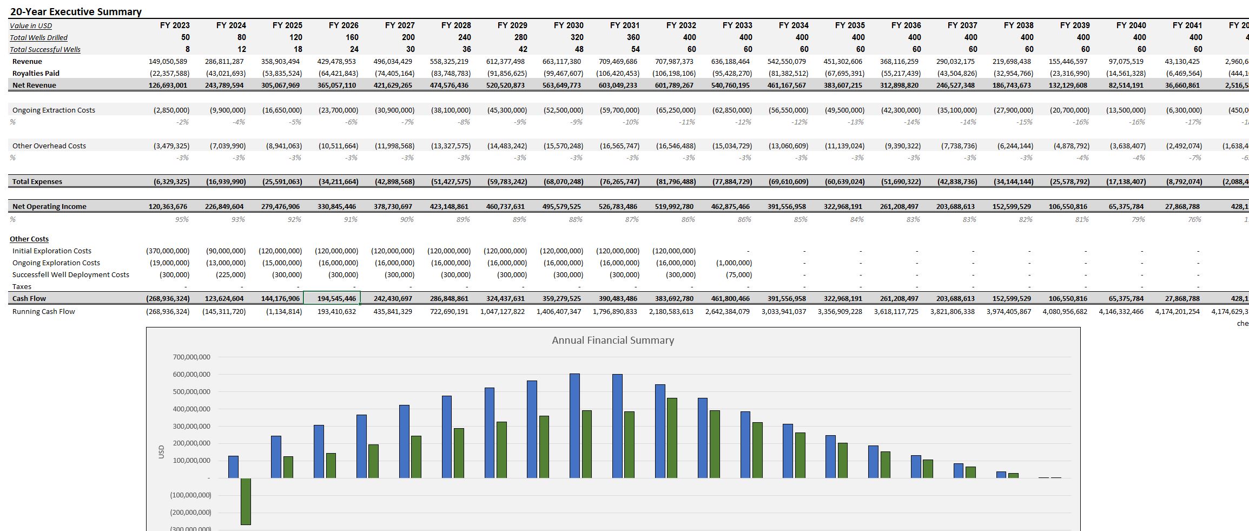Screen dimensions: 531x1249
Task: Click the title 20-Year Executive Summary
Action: tap(76, 11)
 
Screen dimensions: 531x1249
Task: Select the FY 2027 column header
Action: tap(400, 25)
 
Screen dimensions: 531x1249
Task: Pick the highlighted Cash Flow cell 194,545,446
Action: tap(332, 298)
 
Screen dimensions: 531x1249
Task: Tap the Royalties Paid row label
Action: tap(36, 73)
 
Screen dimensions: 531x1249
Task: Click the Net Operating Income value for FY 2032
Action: tap(673, 206)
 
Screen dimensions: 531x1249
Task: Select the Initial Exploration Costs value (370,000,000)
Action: tap(168, 251)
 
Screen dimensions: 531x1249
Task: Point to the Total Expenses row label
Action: tap(37, 181)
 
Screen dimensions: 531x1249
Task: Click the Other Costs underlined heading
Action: tap(29, 239)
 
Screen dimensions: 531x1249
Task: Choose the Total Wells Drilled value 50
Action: tap(185, 37)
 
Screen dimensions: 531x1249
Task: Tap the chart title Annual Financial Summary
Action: tap(612, 340)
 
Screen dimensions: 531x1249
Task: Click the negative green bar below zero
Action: tap(246, 501)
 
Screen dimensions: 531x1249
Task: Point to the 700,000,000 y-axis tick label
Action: tap(191, 357)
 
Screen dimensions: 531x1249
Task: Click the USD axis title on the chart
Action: tap(161, 451)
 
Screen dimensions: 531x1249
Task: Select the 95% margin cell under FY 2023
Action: tap(182, 219)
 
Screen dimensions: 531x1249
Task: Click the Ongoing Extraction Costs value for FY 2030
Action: tap(563, 110)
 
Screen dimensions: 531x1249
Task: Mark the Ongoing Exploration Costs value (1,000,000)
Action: tap(733, 263)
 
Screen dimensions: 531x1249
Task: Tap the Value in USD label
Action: tap(31, 25)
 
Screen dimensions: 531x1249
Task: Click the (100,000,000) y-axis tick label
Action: tap(190, 495)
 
